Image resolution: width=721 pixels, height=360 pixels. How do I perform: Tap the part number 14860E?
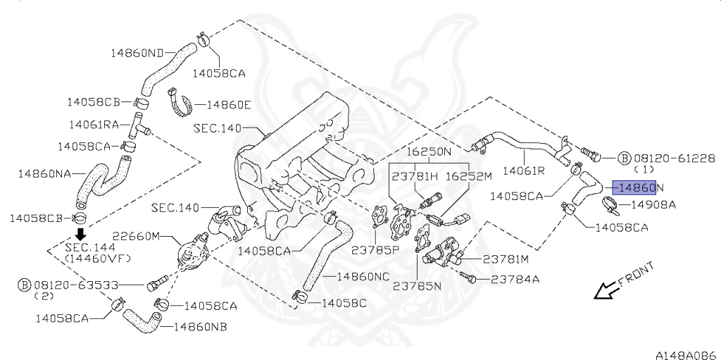click(x=228, y=105)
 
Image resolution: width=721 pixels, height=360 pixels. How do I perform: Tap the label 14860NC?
click(x=363, y=276)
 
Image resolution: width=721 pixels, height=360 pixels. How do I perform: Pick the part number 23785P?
click(x=377, y=249)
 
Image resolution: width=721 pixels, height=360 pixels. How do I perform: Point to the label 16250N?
click(x=428, y=152)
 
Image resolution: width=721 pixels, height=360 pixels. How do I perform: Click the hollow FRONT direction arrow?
click(x=605, y=290)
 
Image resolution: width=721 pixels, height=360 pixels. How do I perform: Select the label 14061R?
click(x=525, y=170)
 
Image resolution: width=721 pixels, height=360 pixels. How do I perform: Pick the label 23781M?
click(x=501, y=259)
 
